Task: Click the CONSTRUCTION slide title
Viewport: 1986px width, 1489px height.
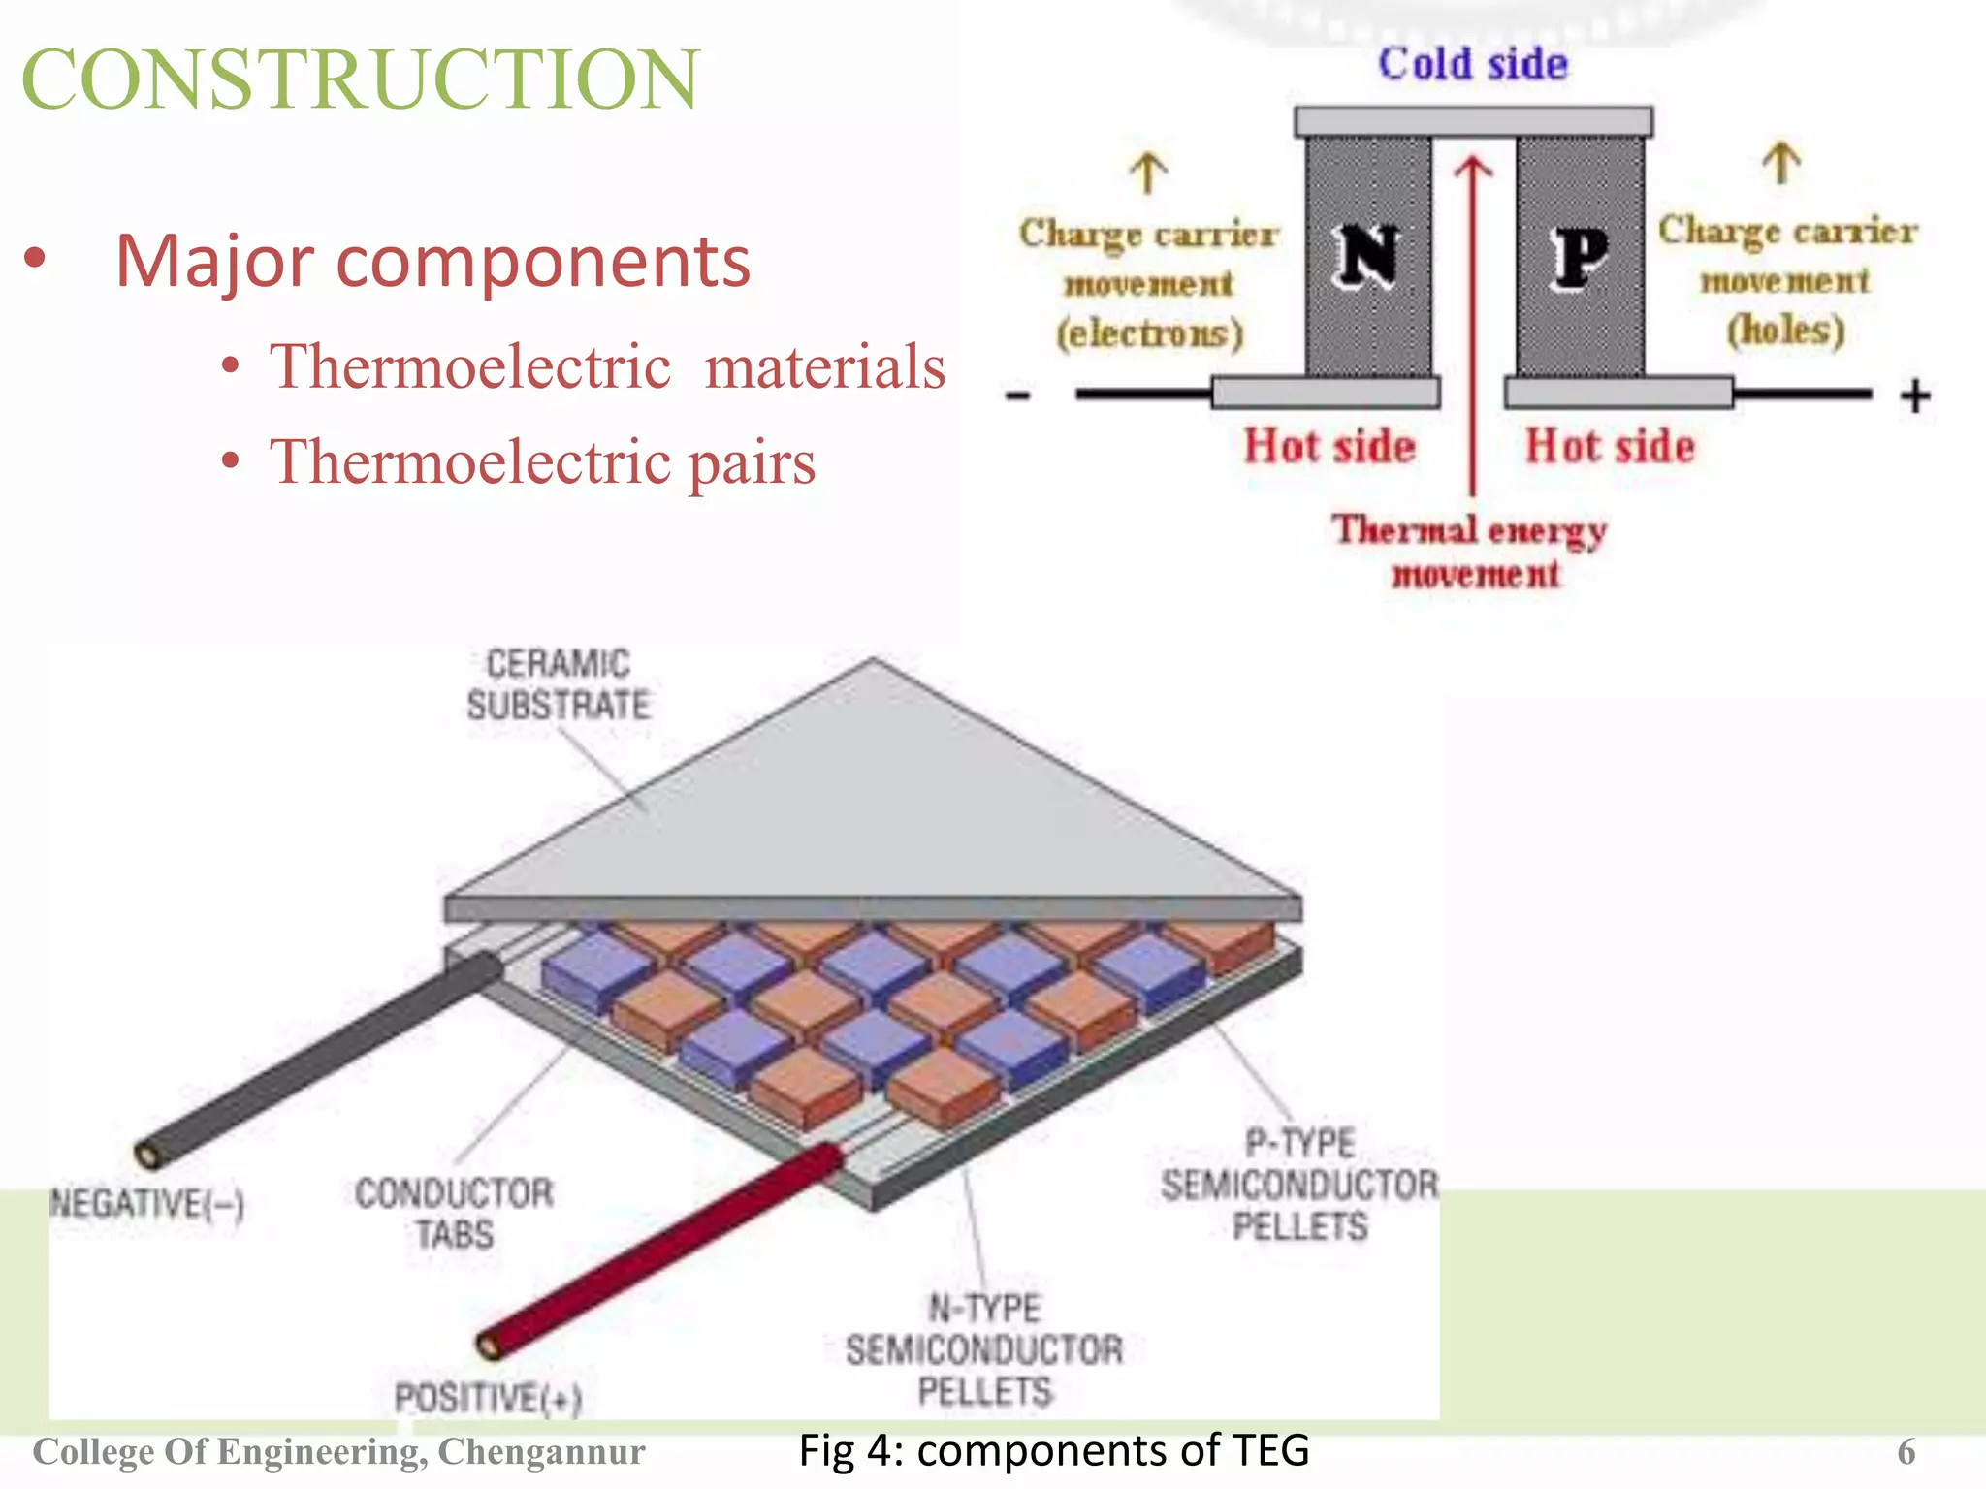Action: pyautogui.click(x=360, y=79)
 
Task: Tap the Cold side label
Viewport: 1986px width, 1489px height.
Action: pyautogui.click(x=1472, y=64)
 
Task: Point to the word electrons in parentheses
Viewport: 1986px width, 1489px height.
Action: pyautogui.click(x=1150, y=333)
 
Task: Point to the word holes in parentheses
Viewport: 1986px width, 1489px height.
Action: pyautogui.click(x=1785, y=331)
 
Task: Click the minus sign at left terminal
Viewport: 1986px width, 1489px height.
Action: pyautogui.click(x=1017, y=396)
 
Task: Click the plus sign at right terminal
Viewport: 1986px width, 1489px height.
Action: pyautogui.click(x=1914, y=396)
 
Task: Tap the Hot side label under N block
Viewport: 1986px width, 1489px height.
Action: pyautogui.click(x=1329, y=446)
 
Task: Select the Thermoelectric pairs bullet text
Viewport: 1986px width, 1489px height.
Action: pyautogui.click(x=542, y=461)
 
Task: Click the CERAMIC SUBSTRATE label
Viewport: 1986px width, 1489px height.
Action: pyautogui.click(x=559, y=684)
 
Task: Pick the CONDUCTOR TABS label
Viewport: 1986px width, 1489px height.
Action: pyautogui.click(x=454, y=1213)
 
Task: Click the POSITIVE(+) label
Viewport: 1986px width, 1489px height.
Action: pyautogui.click(x=488, y=1398)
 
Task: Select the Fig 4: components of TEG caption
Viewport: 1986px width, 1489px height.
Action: pyautogui.click(x=1053, y=1450)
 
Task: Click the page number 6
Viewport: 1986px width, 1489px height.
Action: pyautogui.click(x=1906, y=1452)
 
